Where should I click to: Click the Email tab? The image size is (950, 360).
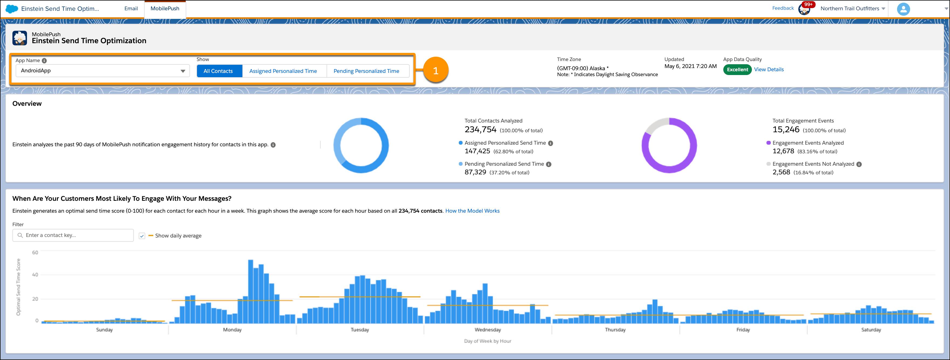coord(131,8)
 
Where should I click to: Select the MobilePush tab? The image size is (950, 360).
coord(165,8)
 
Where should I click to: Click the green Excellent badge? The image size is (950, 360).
coord(737,70)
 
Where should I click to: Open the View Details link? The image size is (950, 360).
coord(769,70)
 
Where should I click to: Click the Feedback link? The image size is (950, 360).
coord(783,8)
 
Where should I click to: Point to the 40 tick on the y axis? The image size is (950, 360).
coord(35,275)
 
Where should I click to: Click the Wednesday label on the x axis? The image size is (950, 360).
coord(487,330)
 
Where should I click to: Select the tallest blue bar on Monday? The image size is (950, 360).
coord(251,291)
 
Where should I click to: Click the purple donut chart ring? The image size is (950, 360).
coord(645,155)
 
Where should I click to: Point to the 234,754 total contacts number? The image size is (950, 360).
coord(480,130)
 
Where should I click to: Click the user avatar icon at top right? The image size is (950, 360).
coord(903,9)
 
